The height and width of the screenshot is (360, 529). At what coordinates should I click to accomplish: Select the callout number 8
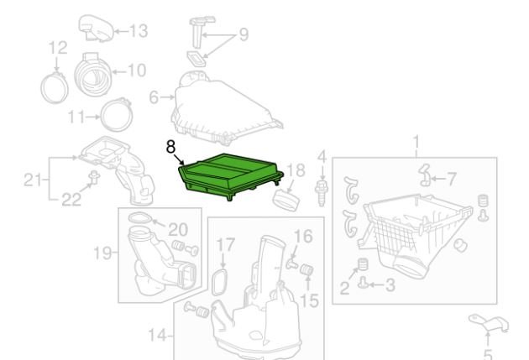click(171, 148)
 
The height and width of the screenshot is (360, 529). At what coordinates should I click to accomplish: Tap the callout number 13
click(139, 31)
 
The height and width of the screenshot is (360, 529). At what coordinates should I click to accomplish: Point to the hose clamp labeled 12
click(55, 88)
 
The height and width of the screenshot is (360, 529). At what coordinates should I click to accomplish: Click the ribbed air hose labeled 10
click(92, 73)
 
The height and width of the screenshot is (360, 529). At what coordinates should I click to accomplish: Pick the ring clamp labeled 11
click(117, 115)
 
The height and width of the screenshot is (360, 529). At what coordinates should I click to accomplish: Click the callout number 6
click(154, 97)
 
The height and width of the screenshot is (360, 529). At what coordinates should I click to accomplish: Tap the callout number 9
click(244, 34)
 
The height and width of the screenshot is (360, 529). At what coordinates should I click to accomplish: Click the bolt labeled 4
click(322, 193)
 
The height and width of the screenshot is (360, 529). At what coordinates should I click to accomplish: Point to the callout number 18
click(296, 170)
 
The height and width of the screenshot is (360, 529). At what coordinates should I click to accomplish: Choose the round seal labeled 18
click(286, 201)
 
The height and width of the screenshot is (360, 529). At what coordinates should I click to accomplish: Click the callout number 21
click(33, 180)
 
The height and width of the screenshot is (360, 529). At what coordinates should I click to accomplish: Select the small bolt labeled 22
click(94, 176)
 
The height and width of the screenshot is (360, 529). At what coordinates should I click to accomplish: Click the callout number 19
click(103, 252)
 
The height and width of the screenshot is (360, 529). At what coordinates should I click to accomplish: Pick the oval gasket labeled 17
click(219, 282)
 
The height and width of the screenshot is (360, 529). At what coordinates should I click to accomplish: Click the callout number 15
click(309, 300)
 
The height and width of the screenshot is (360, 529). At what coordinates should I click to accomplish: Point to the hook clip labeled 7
click(424, 175)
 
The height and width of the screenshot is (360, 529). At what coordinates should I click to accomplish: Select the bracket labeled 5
click(489, 322)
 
